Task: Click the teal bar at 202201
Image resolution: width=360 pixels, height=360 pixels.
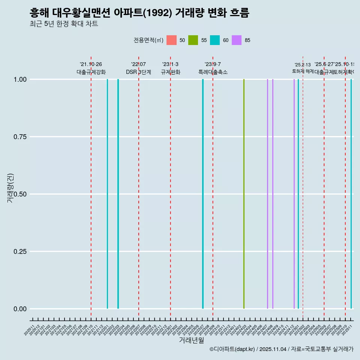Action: click(x=107, y=194)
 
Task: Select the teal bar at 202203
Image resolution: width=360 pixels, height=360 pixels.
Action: click(x=118, y=194)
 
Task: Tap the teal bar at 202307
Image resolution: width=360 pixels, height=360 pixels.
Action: click(x=203, y=194)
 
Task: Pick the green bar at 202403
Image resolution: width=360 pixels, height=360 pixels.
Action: click(x=244, y=194)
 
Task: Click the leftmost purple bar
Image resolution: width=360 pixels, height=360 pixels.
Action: click(x=267, y=194)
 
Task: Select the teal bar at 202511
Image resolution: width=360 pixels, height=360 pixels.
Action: click(x=351, y=194)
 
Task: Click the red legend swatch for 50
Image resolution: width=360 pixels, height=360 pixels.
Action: click(x=171, y=40)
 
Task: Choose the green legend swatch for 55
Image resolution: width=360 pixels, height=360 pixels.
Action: click(x=193, y=40)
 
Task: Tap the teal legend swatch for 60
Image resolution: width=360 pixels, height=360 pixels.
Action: click(x=215, y=40)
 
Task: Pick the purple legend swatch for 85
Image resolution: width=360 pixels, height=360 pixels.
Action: click(x=237, y=40)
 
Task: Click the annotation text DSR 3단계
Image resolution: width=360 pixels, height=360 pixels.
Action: click(x=138, y=72)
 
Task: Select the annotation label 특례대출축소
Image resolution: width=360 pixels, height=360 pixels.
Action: click(x=213, y=72)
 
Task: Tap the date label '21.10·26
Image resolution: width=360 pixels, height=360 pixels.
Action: click(x=91, y=64)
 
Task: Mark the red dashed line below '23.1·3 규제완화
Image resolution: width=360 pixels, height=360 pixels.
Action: click(x=171, y=187)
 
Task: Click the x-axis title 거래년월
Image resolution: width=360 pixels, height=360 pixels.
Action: click(x=192, y=340)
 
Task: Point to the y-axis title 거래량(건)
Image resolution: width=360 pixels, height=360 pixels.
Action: click(x=10, y=188)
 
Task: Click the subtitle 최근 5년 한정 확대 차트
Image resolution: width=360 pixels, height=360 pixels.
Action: click(x=64, y=24)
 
